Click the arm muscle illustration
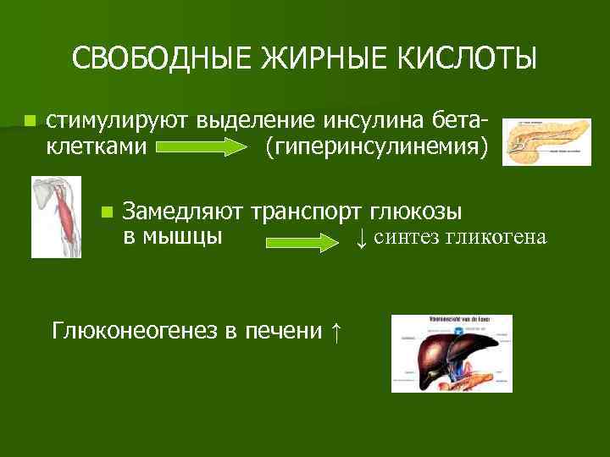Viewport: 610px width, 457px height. (56, 217)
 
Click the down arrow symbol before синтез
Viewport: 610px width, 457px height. (361, 238)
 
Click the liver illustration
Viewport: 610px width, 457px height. (452, 354)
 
